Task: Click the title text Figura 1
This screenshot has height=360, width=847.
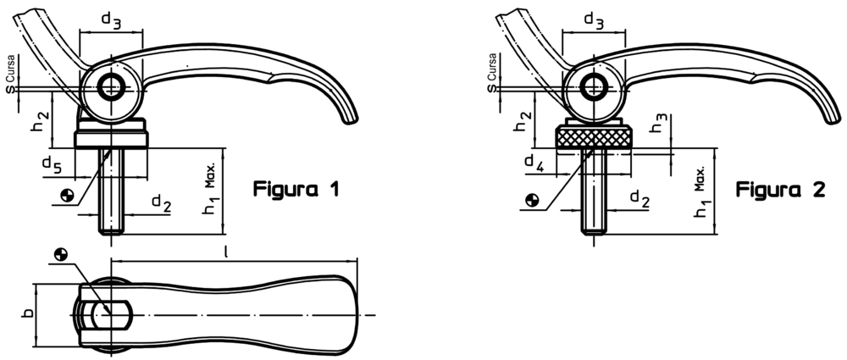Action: [296, 190]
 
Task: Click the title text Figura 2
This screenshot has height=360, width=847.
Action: [781, 190]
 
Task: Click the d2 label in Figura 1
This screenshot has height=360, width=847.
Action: [162, 203]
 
